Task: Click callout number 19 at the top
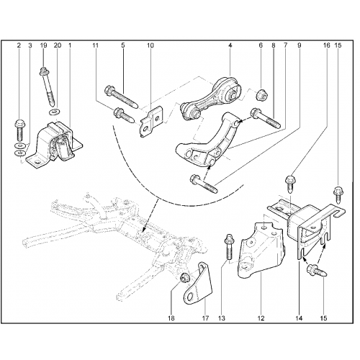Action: [x=44, y=45]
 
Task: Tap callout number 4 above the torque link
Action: [x=230, y=45]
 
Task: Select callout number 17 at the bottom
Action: [x=206, y=318]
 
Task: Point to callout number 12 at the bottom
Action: [x=261, y=318]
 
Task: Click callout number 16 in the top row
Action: [x=327, y=45]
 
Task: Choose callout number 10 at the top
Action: [x=150, y=45]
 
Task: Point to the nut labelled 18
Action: [x=185, y=278]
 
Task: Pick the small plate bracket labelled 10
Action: [x=151, y=122]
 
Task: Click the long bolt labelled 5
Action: [x=121, y=98]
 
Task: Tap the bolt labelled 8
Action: [x=265, y=119]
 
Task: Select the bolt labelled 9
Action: [x=204, y=184]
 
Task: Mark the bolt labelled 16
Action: [x=290, y=184]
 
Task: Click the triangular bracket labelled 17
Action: [x=199, y=283]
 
